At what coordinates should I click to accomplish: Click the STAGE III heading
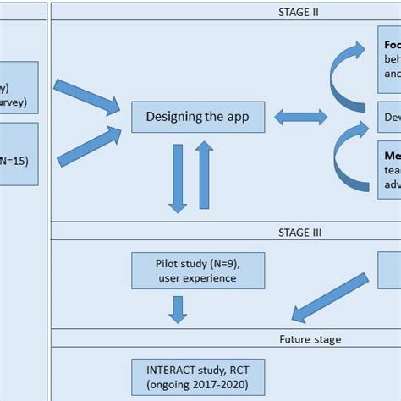(x=299, y=231)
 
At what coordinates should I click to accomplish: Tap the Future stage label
(x=299, y=339)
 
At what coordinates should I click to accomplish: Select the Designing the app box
(x=198, y=117)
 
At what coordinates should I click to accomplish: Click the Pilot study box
(x=198, y=270)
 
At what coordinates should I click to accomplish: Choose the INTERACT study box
(x=198, y=376)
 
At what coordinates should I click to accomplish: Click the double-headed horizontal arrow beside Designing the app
(x=300, y=117)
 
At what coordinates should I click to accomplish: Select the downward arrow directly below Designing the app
(x=179, y=178)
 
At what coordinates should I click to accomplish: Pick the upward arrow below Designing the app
(x=204, y=176)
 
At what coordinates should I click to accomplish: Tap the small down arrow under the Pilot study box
(x=178, y=309)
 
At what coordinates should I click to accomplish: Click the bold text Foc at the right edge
(x=391, y=45)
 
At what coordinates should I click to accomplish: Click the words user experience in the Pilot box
(x=198, y=277)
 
